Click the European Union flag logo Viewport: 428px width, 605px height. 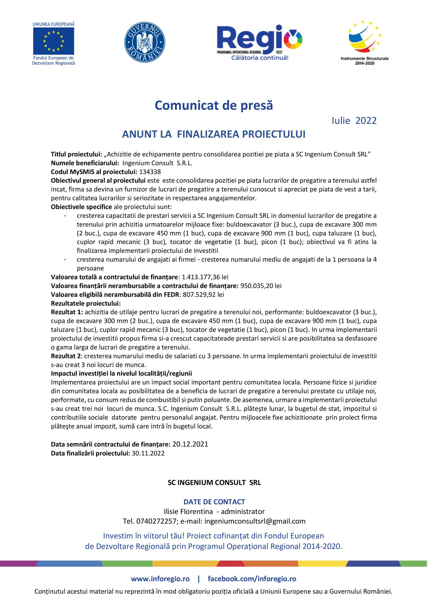pos(53,41)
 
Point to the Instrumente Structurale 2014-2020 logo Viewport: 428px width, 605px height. pos(365,42)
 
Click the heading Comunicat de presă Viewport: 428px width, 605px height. pos(214,105)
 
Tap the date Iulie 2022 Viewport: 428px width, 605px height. pos(354,121)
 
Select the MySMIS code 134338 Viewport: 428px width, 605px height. pos(150,172)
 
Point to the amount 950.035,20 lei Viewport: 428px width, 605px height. pos(261,286)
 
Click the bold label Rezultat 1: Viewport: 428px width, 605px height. pos(67,312)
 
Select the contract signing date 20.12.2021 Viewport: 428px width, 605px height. pos(190,444)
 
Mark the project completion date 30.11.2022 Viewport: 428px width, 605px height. pos(148,453)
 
